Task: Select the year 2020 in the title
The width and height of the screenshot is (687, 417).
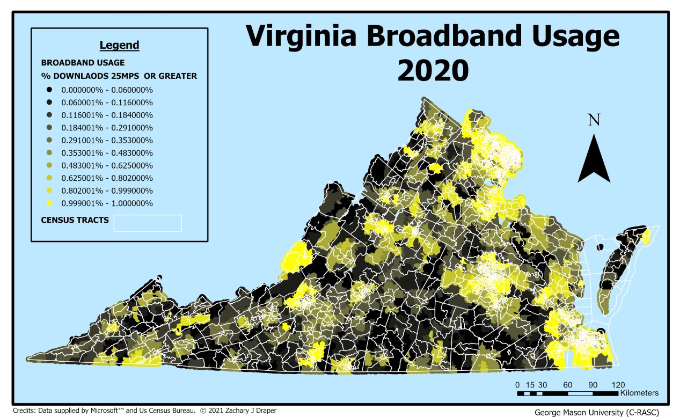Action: pos(433,70)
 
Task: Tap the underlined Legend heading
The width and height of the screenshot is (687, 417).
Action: pos(119,46)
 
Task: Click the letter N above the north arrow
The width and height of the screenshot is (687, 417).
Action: pos(594,120)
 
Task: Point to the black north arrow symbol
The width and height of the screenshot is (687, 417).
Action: pos(594,160)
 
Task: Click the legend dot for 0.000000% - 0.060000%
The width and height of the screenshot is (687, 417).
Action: pos(49,90)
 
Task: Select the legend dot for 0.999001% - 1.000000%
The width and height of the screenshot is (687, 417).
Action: pos(49,203)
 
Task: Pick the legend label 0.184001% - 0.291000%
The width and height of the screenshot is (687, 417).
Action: pos(107,128)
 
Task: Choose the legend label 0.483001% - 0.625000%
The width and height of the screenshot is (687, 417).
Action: pos(107,165)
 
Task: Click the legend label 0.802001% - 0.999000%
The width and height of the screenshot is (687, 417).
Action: pos(107,191)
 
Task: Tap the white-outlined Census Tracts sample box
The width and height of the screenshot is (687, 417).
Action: pos(148,223)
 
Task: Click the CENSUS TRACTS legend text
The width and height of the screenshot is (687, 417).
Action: pos(75,220)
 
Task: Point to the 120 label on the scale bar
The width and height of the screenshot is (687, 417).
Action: pos(618,384)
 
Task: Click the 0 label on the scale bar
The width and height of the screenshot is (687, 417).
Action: pos(517,384)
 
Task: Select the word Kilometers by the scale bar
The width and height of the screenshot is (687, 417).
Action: pos(639,393)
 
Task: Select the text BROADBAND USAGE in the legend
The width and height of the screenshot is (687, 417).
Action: pos(83,63)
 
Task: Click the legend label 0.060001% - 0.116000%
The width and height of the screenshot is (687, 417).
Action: pos(107,102)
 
